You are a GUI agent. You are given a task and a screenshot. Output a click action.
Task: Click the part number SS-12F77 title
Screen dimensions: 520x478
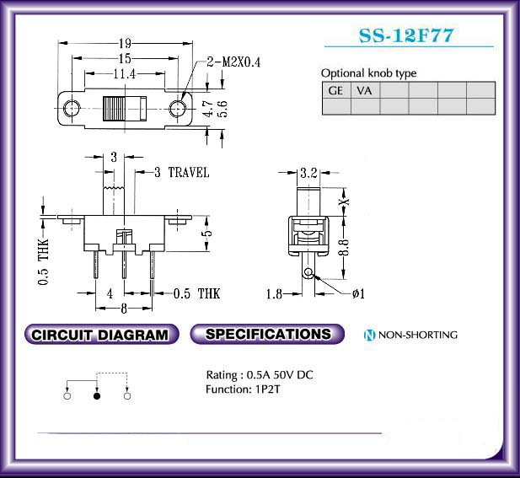click(406, 35)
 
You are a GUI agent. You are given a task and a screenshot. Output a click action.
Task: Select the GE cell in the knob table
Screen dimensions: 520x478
click(336, 90)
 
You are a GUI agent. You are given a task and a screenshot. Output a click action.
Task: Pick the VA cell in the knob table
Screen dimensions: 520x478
click(365, 90)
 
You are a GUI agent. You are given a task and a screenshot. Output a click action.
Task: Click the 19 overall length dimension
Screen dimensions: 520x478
click(125, 43)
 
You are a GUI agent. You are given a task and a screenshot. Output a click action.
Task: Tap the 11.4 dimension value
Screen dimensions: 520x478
click(125, 73)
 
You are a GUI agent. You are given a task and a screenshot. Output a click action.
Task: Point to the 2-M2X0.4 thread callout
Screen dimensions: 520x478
click(233, 62)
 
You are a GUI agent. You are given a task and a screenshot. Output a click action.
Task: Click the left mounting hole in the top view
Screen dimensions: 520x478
click(72, 108)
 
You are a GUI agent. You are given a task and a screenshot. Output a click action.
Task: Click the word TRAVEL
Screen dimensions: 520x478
click(189, 173)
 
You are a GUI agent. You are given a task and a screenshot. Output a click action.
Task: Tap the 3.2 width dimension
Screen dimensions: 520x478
click(308, 173)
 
